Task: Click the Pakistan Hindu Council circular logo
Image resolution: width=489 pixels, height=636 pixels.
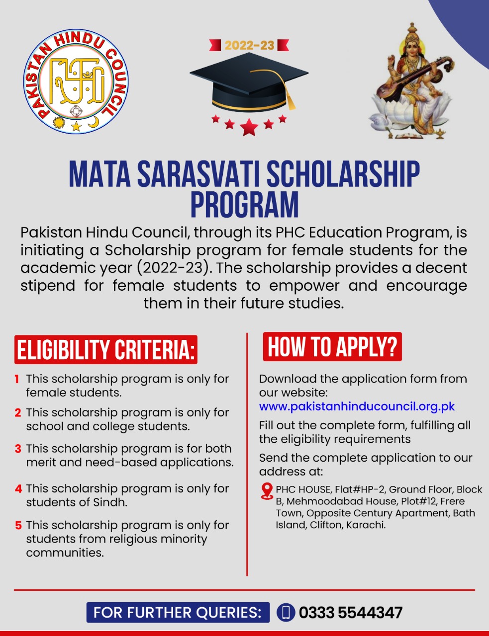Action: pyautogui.click(x=76, y=81)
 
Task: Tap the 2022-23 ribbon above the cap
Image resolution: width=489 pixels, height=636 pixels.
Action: pyautogui.click(x=249, y=45)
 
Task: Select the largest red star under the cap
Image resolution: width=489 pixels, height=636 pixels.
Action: pyautogui.click(x=249, y=127)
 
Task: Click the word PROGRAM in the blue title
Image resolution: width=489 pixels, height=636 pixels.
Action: pyautogui.click(x=245, y=204)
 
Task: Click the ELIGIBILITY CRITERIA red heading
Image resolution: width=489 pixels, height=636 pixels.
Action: pyautogui.click(x=105, y=350)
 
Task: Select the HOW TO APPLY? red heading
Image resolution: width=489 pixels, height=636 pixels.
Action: pyautogui.click(x=332, y=347)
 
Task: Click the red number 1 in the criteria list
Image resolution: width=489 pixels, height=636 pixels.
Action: pyautogui.click(x=17, y=379)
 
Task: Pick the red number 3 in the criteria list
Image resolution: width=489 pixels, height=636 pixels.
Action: pyautogui.click(x=18, y=449)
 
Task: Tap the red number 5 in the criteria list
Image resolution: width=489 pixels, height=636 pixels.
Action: pyautogui.click(x=18, y=525)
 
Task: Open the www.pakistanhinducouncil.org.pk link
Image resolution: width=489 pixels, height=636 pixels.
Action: pyautogui.click(x=357, y=406)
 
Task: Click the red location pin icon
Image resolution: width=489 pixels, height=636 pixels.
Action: pyautogui.click(x=267, y=491)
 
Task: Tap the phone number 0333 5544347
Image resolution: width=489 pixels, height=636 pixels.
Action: pyautogui.click(x=350, y=613)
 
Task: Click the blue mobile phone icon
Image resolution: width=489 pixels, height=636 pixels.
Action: pyautogui.click(x=286, y=613)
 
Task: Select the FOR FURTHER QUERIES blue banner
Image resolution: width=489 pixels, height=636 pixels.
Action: pyautogui.click(x=178, y=613)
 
